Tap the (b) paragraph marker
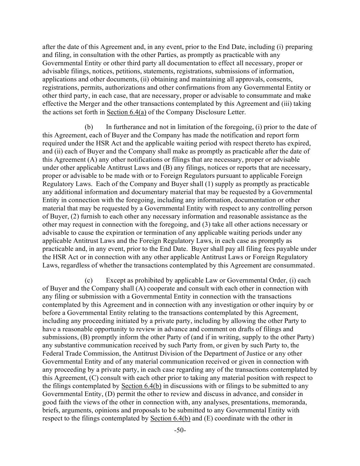pos(89,127)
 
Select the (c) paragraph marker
pos(89,280)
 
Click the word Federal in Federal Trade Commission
pos(52,354)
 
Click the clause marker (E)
pos(208,418)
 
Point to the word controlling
pos(276,208)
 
